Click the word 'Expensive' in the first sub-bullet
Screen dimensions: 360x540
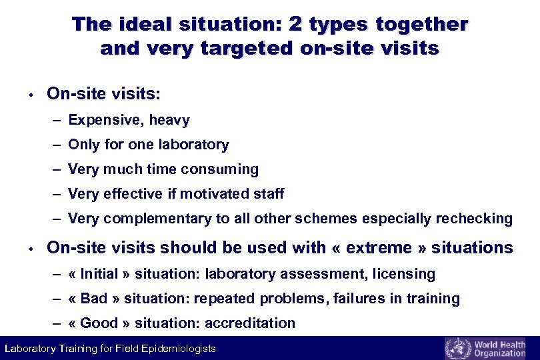[x=105, y=120]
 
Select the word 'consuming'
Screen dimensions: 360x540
[x=225, y=169]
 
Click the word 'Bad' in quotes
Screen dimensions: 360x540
[x=93, y=298]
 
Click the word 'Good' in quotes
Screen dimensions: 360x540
[x=99, y=323]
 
